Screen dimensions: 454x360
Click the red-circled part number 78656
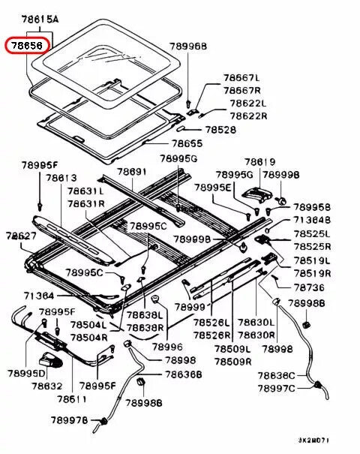point(25,45)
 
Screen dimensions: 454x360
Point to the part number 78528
point(220,130)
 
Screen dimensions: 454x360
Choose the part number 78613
point(61,178)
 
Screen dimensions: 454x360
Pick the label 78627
point(22,235)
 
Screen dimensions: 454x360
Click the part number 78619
point(259,161)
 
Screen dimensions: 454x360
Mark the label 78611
point(72,398)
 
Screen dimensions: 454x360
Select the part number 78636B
point(184,374)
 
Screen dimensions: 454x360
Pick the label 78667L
point(241,77)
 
